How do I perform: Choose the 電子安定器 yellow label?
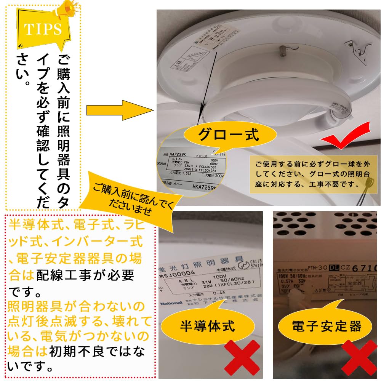[327, 326]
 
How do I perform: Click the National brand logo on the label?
[171, 303]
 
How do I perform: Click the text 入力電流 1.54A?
[176, 174]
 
